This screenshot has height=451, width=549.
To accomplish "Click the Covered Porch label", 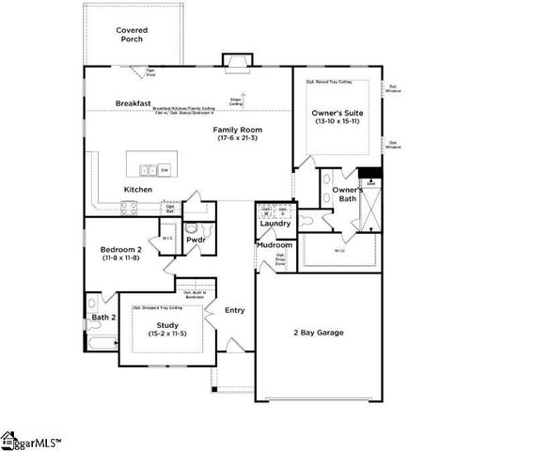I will pyautogui.click(x=132, y=36).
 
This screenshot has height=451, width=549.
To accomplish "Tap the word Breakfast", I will pyautogui.click(x=134, y=103).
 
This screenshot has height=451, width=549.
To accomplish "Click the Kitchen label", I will pyautogui.click(x=137, y=189).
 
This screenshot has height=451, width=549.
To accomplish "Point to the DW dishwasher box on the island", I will pyautogui.click(x=165, y=170).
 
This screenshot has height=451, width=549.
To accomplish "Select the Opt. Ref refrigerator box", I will pyautogui.click(x=170, y=209).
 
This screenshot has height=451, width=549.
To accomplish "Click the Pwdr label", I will pyautogui.click(x=196, y=241).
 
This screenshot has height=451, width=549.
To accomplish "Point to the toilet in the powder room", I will pyautogui.click(x=193, y=227).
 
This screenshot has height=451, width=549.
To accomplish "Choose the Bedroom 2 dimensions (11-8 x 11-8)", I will pyautogui.click(x=120, y=257).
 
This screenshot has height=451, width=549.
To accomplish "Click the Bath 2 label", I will pyautogui.click(x=102, y=318).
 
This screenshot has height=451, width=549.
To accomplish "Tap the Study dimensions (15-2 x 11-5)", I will pyautogui.click(x=168, y=334).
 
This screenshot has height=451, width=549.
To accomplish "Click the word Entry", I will pyautogui.click(x=234, y=310).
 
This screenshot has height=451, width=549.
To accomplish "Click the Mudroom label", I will pyautogui.click(x=274, y=245).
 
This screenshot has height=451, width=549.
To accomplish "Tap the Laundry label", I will pyautogui.click(x=274, y=224).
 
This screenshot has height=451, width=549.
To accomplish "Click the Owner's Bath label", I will pyautogui.click(x=347, y=194).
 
